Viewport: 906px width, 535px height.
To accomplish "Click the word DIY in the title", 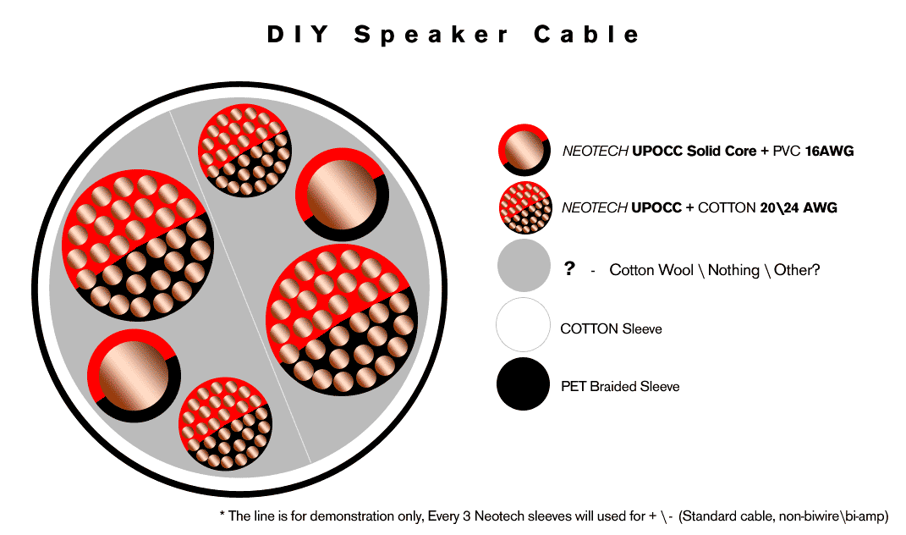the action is [x=298, y=35].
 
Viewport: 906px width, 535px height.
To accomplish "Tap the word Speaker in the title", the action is [x=431, y=36].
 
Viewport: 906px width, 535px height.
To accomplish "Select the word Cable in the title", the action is [x=586, y=35].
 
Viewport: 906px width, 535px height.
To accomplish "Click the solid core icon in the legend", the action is [x=524, y=150].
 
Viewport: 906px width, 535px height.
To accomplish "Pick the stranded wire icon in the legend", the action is [x=525, y=207].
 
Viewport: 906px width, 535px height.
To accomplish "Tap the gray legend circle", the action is [x=524, y=266].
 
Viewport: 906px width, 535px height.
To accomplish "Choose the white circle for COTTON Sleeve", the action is [x=523, y=324].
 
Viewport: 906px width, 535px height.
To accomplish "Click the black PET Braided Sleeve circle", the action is [x=523, y=384].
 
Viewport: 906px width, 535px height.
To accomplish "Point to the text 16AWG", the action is [x=829, y=151].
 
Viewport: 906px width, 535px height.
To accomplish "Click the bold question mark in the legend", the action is [x=569, y=268].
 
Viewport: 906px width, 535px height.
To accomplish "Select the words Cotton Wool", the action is [x=651, y=270].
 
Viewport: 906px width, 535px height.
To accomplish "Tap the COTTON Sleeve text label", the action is [x=612, y=329].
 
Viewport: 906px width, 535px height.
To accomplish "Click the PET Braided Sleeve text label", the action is [x=620, y=386].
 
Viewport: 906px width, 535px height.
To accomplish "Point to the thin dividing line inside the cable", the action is [x=240, y=287].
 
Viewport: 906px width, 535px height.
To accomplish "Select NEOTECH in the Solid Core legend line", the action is [x=596, y=151].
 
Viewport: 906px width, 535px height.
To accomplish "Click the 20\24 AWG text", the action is [x=799, y=207].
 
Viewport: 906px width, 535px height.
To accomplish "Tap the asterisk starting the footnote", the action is [x=222, y=514].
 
